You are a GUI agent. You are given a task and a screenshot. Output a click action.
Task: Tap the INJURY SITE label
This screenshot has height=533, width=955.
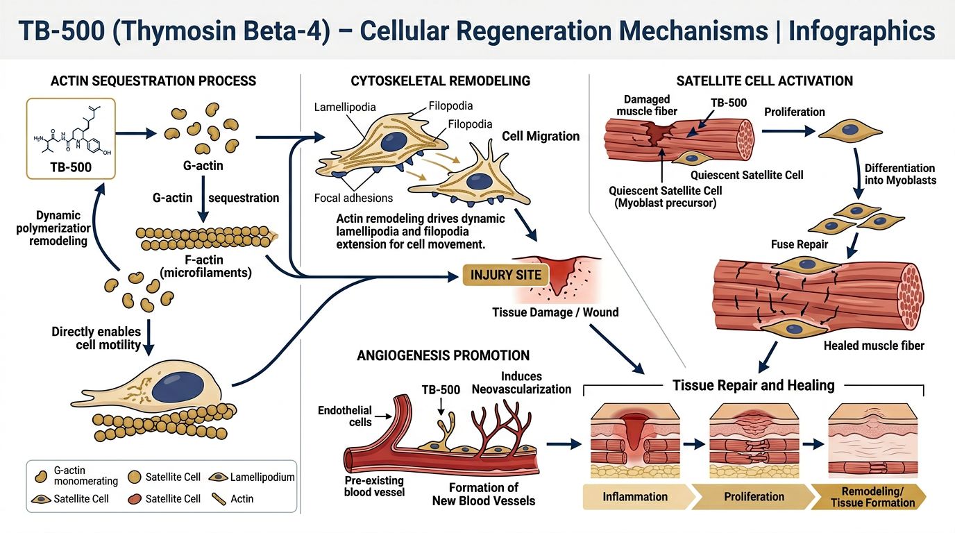click(x=506, y=275)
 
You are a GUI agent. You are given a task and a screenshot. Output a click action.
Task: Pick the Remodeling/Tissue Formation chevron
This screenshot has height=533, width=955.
click(x=872, y=497)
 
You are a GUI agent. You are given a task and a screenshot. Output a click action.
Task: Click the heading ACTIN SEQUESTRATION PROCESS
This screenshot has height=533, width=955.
click(x=153, y=81)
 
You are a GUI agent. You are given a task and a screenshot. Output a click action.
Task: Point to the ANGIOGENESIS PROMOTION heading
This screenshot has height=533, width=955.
click(x=443, y=355)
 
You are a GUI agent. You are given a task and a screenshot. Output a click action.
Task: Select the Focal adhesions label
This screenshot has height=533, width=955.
click(x=353, y=198)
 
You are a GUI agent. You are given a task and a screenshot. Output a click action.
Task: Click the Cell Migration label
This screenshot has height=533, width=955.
click(x=540, y=136)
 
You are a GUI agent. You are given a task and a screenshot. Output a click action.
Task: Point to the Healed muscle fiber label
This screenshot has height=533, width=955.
click(x=874, y=345)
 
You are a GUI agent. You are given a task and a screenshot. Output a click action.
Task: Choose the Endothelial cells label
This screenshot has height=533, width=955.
click(x=345, y=416)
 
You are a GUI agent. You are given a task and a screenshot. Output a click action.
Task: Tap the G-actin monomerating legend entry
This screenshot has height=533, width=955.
click(x=69, y=477)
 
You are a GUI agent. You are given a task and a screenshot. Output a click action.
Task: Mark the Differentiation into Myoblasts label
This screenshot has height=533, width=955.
click(x=899, y=174)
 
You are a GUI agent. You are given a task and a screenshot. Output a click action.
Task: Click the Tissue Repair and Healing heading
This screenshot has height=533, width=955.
click(x=753, y=384)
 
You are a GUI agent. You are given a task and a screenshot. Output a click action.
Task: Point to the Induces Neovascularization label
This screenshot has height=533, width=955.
click(x=521, y=382)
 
